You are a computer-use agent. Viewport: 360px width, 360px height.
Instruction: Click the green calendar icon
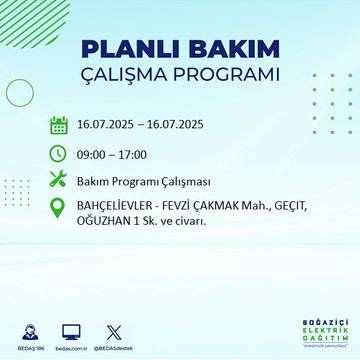point(58,125)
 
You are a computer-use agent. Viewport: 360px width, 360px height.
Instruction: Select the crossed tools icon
point(58,180)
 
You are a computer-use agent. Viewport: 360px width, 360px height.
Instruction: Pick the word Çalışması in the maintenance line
point(183,181)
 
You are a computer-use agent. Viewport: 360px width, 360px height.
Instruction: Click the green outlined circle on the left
point(20,91)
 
